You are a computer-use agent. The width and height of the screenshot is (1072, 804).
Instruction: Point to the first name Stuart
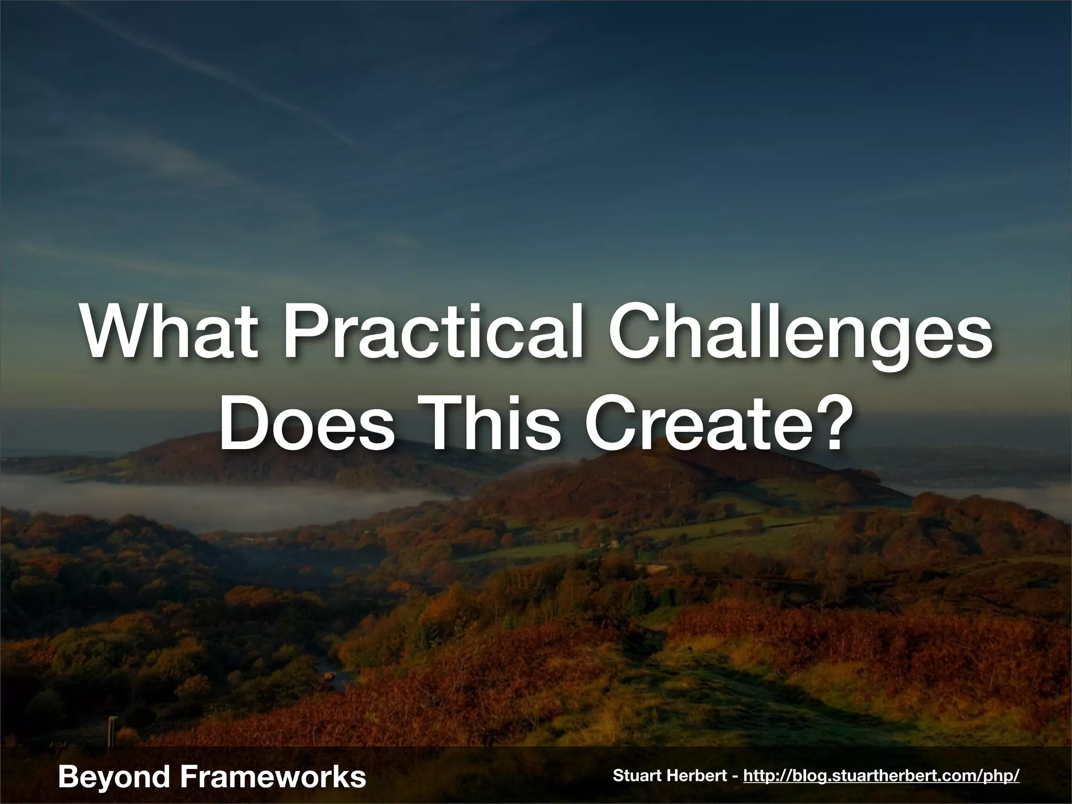pos(636,776)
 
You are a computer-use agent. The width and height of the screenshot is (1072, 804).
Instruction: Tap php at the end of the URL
pos(1000,777)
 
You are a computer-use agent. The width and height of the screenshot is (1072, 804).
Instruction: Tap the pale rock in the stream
pos(329,676)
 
